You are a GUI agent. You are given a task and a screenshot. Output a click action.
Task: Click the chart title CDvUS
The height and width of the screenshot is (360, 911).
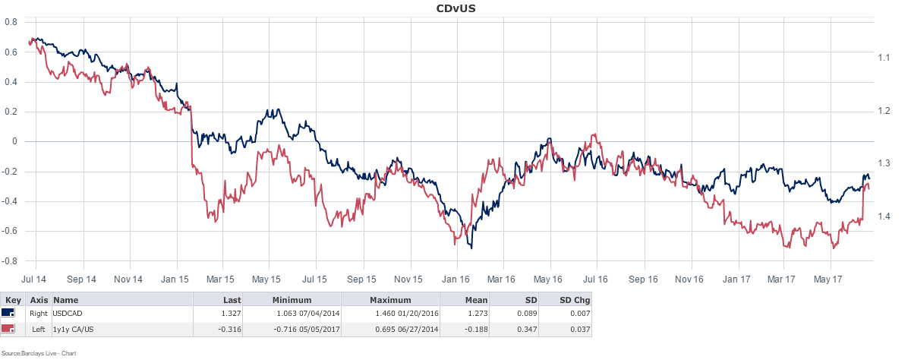[x=455, y=8]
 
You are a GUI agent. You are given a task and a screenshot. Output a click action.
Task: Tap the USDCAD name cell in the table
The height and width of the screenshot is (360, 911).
[x=68, y=314]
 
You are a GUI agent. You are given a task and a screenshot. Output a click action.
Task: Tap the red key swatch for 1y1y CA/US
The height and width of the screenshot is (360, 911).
[x=9, y=329]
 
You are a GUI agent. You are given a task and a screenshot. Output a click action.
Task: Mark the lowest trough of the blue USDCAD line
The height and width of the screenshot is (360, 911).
[x=471, y=248]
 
